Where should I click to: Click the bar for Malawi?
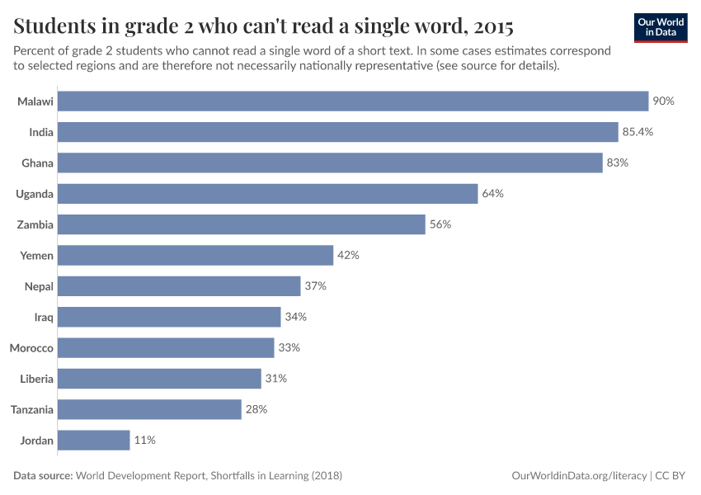[x=354, y=101]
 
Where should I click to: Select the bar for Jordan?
[x=95, y=441]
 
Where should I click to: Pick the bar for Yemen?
[x=196, y=256]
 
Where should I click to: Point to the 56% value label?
[x=440, y=224]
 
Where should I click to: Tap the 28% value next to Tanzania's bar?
[x=256, y=409]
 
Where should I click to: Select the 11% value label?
[x=145, y=441]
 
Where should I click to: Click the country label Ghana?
[x=37, y=163]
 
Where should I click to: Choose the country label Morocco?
[x=31, y=348]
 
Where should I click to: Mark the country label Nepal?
[x=39, y=286]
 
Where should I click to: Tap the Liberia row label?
[x=36, y=379]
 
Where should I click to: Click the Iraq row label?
[x=44, y=318]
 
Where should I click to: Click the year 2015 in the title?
[x=491, y=26]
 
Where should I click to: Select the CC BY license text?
[x=671, y=476]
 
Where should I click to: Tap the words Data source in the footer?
[x=43, y=476]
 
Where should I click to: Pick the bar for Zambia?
[x=242, y=224]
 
